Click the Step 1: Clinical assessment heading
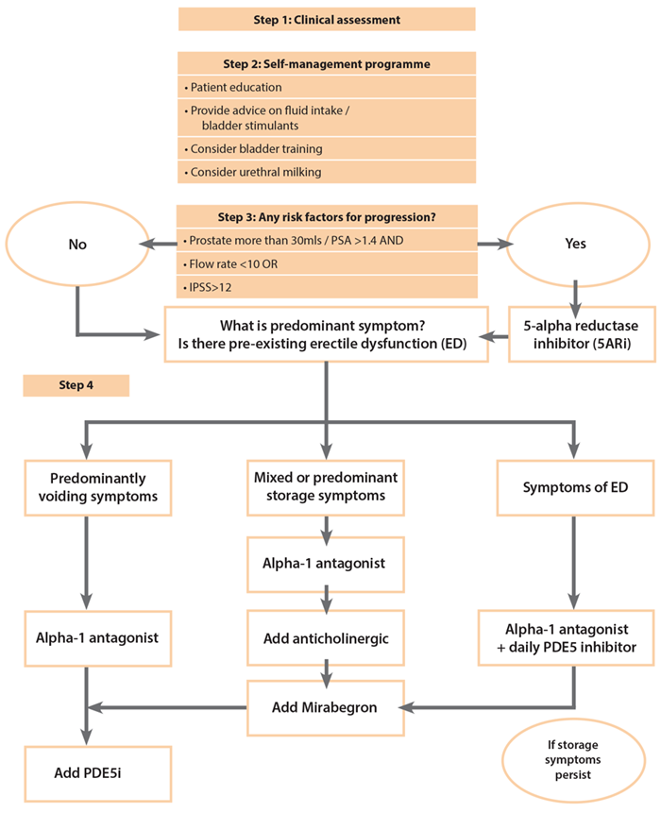pyautogui.click(x=326, y=19)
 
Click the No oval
pyautogui.click(x=77, y=244)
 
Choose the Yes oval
pyautogui.click(x=575, y=244)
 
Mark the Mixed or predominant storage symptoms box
pyautogui.click(x=326, y=487)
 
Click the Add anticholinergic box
pyautogui.click(x=326, y=638)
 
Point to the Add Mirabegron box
pyautogui.click(x=326, y=706)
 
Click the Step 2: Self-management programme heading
pyautogui.click(x=326, y=64)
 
